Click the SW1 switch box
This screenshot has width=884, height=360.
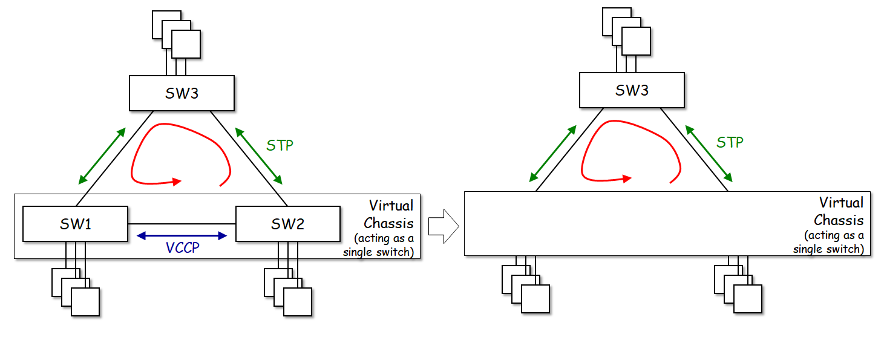tap(75, 224)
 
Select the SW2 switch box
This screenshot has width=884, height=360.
tap(287, 224)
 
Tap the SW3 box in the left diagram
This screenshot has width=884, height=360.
tap(182, 93)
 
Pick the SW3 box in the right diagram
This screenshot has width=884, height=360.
tap(632, 91)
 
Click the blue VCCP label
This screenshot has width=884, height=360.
tap(182, 247)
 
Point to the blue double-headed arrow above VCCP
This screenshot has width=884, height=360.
tap(182, 235)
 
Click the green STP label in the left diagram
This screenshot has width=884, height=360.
tap(280, 146)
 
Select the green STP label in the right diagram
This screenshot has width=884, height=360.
tap(730, 143)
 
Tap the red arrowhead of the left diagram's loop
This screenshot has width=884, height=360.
tap(176, 181)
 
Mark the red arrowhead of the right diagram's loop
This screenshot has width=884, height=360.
tap(626, 178)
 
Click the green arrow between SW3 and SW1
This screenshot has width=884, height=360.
tap(102, 155)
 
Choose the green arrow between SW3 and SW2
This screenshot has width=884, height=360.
tap(258, 155)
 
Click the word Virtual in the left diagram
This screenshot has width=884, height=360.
tap(391, 206)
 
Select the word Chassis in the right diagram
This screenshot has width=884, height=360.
tap(839, 219)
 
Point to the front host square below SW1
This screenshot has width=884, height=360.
tap(85, 301)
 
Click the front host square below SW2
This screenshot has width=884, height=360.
tap(298, 301)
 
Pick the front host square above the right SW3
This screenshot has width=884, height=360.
tap(636, 41)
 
